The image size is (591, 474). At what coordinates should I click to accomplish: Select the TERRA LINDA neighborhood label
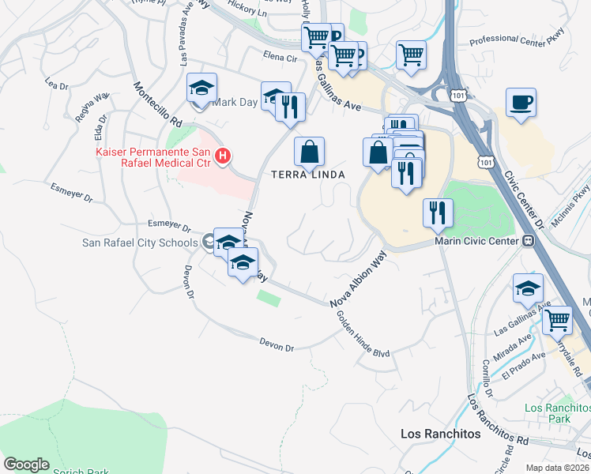(x=310, y=175)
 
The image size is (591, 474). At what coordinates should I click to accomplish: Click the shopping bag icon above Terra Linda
(x=310, y=151)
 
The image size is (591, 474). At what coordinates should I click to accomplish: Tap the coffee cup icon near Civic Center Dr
(x=521, y=103)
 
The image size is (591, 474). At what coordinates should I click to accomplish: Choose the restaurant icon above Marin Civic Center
(x=438, y=213)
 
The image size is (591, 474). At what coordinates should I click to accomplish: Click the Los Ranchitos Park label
(x=557, y=412)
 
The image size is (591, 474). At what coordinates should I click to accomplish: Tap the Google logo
(x=26, y=464)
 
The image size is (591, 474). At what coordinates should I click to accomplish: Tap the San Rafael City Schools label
(x=141, y=242)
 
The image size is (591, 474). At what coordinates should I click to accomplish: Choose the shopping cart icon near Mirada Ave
(x=557, y=320)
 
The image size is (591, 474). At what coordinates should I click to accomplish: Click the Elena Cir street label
(x=280, y=57)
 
